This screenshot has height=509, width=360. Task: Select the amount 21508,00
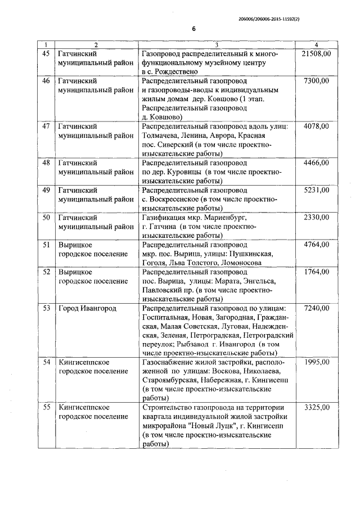click(316, 53)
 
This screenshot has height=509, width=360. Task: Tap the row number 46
click(47, 81)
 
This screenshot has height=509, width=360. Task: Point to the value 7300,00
click(317, 81)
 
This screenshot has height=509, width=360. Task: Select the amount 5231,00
click(317, 190)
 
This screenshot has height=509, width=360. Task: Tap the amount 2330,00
click(317, 218)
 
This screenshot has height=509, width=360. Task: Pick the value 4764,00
click(317, 245)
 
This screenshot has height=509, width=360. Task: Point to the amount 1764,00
click(317, 272)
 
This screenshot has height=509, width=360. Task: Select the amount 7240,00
click(317, 309)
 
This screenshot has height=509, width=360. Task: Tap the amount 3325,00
click(317, 407)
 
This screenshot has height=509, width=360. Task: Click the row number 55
click(47, 407)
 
